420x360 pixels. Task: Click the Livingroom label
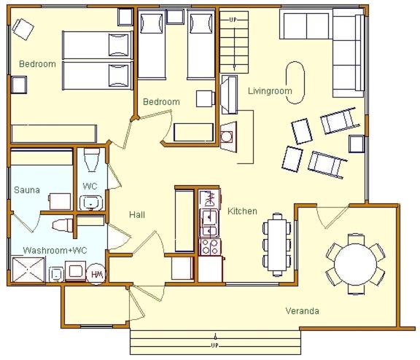pos(270,91)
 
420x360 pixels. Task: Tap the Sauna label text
pos(27,190)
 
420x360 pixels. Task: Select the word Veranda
pos(302,310)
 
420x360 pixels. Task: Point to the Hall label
pos(137,215)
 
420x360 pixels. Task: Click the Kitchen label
pos(242,211)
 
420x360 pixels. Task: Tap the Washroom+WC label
pos(55,250)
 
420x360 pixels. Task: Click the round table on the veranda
pos(356,264)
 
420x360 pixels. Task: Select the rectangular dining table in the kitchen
pos(277,245)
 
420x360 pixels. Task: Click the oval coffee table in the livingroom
pos(295,82)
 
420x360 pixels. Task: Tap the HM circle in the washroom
pos(96,274)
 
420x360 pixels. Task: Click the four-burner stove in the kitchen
pos(210,246)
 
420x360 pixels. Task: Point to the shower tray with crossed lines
pos(28,270)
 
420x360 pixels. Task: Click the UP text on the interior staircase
pos(233,20)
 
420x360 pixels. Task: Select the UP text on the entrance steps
pos(215,345)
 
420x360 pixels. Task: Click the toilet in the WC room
pos(91,160)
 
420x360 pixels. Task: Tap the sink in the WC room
pos(91,203)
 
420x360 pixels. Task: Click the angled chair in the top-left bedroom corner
pos(23,29)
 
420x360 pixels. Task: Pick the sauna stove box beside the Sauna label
pos(61,201)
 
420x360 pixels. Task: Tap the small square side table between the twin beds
pos(175,17)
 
